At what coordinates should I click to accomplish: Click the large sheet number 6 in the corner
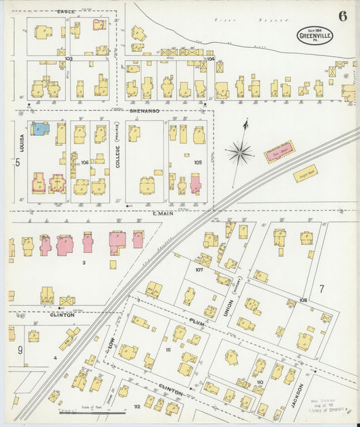[343, 16]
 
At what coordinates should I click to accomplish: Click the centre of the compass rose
[239, 153]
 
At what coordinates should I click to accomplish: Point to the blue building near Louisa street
[40, 128]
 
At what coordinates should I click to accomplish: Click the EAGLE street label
[66, 11]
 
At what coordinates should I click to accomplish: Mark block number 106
[84, 163]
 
